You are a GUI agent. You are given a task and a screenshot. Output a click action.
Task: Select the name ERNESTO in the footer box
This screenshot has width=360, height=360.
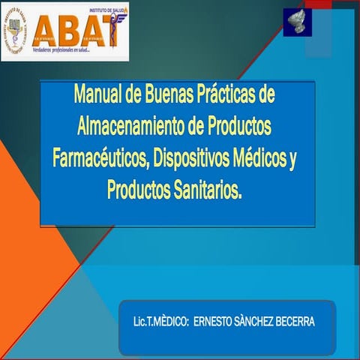pos(212,322)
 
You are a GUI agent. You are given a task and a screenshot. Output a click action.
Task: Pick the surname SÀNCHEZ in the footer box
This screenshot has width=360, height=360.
pos(257,322)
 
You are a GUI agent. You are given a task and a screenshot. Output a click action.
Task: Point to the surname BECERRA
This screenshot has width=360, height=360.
pos(298,322)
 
